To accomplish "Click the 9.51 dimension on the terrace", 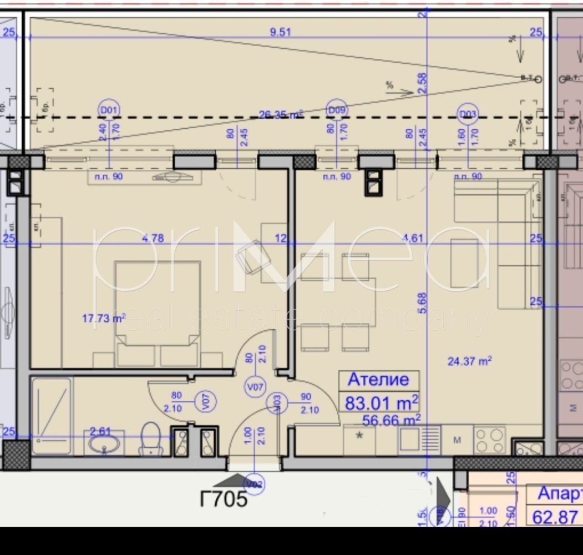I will pyautogui.click(x=280, y=32).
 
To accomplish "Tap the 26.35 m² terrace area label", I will pyautogui.click(x=281, y=115).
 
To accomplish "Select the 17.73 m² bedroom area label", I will pyautogui.click(x=104, y=319).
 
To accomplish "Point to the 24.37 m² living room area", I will pyautogui.click(x=469, y=361).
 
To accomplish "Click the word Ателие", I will pyautogui.click(x=378, y=380).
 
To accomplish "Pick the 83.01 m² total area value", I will pyautogui.click(x=382, y=402).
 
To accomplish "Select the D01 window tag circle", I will pyautogui.click(x=109, y=110).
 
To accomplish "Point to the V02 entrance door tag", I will pyautogui.click(x=254, y=485).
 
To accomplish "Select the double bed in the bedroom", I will pyautogui.click(x=158, y=314).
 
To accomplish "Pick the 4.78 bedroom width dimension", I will pyautogui.click(x=153, y=239).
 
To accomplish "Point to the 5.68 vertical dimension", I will pyautogui.click(x=423, y=304).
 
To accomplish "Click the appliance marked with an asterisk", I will pyautogui.click(x=359, y=437).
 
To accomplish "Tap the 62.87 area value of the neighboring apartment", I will pyautogui.click(x=555, y=517).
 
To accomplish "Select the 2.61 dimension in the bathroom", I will pyautogui.click(x=101, y=431).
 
